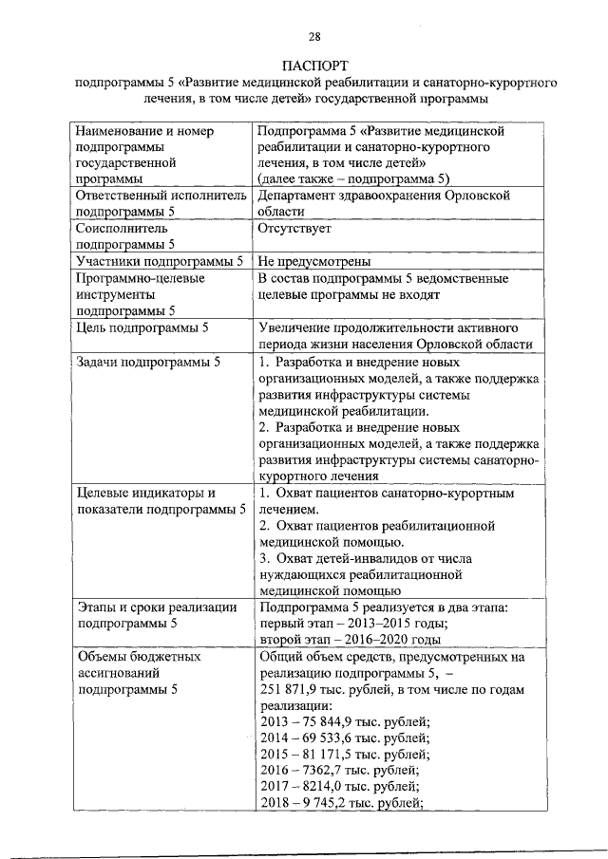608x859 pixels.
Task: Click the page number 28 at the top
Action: pos(314,37)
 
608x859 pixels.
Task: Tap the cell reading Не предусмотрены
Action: pos(313,261)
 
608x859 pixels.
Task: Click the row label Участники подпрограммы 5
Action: pos(159,261)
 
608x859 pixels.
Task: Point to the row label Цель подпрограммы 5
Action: pos(141,328)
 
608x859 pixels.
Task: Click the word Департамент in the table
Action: pos(298,195)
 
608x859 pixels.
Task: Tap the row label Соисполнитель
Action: pos(122,229)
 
